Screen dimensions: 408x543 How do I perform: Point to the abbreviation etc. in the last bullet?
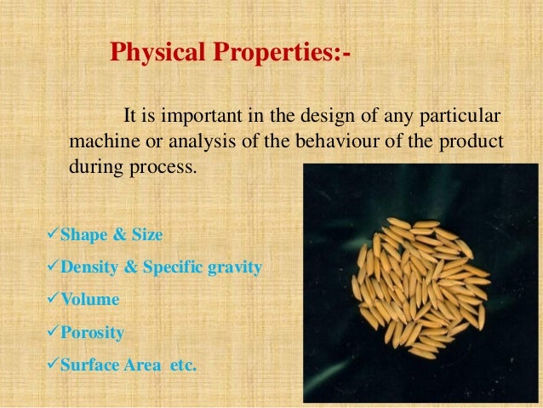click(178, 366)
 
